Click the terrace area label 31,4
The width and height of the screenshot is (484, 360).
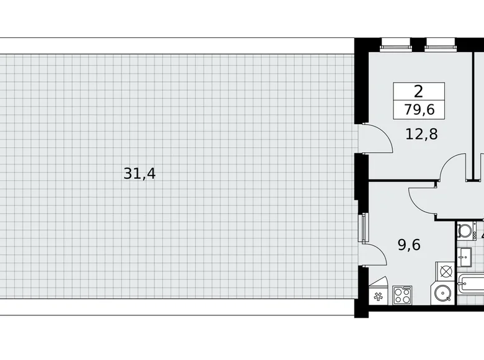(140, 174)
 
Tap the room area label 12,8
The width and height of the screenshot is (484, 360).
(422, 133)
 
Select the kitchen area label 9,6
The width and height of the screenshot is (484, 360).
(409, 245)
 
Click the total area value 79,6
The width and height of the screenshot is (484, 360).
(419, 110)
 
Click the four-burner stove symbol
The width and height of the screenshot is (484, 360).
(402, 294)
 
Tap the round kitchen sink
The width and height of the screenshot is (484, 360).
(443, 293)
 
